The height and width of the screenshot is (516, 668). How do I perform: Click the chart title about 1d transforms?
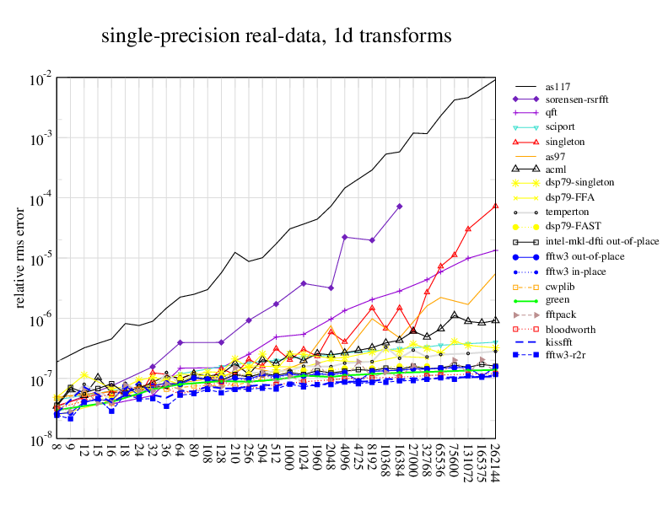(277, 36)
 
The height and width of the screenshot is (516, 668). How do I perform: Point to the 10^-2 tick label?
(41, 80)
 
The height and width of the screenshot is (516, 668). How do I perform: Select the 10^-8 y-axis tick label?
(41, 442)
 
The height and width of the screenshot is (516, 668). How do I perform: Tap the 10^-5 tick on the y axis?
(41, 261)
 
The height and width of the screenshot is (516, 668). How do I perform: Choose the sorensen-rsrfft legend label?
(575, 99)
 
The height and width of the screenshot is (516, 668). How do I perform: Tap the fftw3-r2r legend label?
(564, 357)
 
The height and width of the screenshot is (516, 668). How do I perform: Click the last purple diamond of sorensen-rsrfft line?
(399, 207)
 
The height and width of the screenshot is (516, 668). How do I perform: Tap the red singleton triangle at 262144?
(495, 206)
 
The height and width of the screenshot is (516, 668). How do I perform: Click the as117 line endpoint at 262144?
(495, 78)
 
